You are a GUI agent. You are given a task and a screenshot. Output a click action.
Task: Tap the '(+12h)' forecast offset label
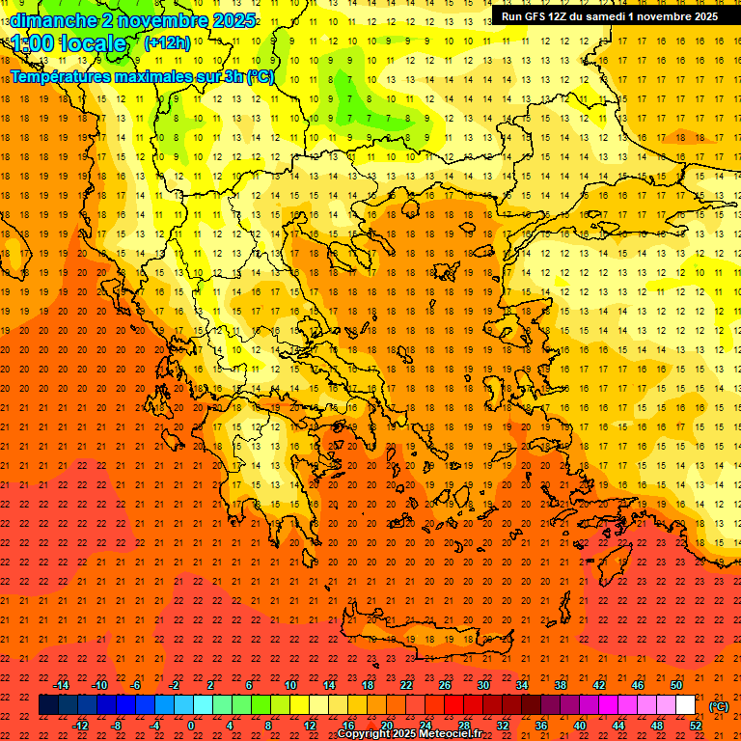click(167, 42)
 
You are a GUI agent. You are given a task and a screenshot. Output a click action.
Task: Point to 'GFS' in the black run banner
click(535, 16)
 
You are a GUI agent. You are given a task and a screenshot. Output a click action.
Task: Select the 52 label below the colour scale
click(696, 726)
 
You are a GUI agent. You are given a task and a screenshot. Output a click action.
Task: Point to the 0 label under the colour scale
click(191, 726)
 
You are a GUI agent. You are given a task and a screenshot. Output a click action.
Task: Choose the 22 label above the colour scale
click(406, 685)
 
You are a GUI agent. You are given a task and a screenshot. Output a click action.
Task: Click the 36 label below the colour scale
click(541, 726)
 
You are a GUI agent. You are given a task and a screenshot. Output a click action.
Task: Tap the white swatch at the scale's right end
click(686, 705)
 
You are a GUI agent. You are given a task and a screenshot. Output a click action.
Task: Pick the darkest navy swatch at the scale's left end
click(48, 705)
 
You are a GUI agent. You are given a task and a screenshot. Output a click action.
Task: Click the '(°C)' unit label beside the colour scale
click(719, 705)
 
